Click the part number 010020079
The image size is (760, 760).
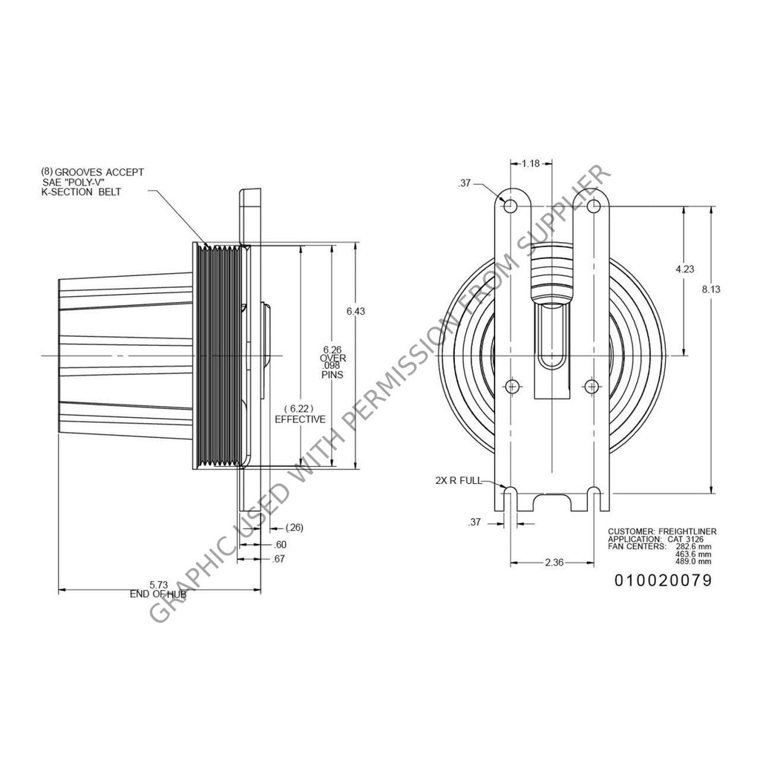663,580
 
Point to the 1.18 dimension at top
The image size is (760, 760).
529,163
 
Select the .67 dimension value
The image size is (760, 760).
278,559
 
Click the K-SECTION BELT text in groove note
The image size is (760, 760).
82,192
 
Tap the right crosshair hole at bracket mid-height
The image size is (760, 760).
591,386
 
